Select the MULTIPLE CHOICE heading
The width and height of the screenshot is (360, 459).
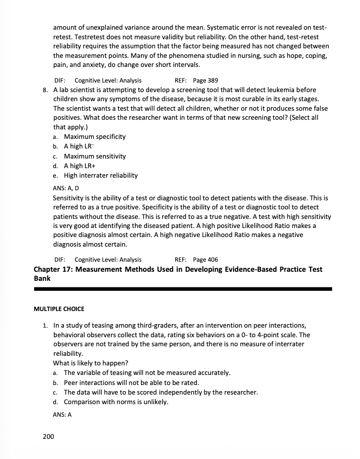pyautogui.click(x=59, y=308)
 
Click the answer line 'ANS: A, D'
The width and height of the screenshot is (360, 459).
pyautogui.click(x=66, y=188)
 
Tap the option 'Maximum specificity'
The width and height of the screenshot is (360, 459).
pyautogui.click(x=95, y=136)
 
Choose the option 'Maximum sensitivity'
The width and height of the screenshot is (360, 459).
pyautogui.click(x=95, y=156)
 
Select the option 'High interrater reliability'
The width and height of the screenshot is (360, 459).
pyautogui.click(x=101, y=176)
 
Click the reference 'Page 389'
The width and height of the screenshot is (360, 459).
pyautogui.click(x=205, y=81)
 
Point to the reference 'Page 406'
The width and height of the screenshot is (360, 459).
pyautogui.click(x=205, y=260)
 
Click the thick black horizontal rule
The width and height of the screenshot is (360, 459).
pyautogui.click(x=183, y=289)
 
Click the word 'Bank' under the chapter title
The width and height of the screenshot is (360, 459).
pyautogui.click(x=43, y=278)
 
